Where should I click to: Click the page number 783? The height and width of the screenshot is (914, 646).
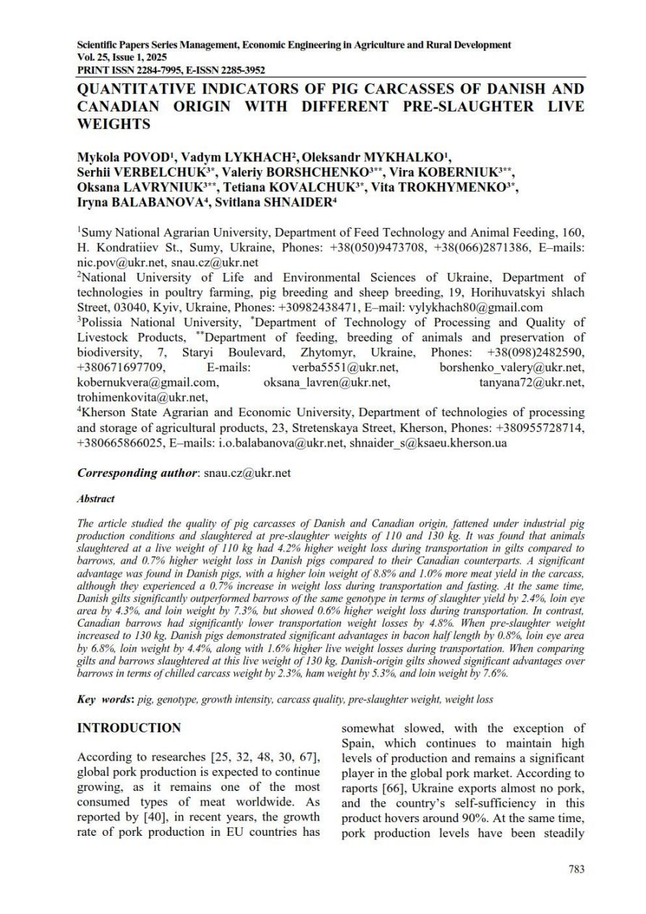(576, 869)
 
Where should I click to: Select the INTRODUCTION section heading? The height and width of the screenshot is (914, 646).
(129, 727)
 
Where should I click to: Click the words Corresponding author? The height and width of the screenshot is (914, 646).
(137, 473)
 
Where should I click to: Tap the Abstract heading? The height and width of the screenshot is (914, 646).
(95, 499)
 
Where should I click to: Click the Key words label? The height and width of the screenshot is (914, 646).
(104, 700)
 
